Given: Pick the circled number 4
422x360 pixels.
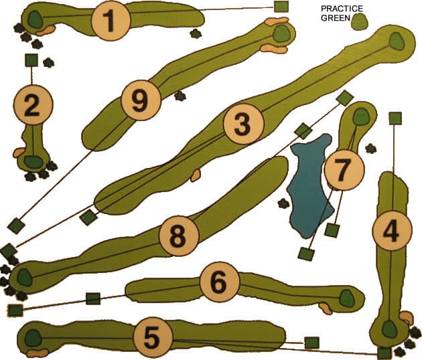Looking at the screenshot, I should click(391, 231).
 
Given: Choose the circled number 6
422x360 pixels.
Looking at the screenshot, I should click(219, 282).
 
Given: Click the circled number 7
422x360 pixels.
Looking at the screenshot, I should click(343, 170).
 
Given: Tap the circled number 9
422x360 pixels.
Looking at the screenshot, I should click(141, 102).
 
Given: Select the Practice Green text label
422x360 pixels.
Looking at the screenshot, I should click(341, 13).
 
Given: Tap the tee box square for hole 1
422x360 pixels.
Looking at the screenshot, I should click(281, 7).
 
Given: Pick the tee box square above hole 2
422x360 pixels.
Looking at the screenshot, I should click(31, 60).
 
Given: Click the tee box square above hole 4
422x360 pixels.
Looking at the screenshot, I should click(395, 118).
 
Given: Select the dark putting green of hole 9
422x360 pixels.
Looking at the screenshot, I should click(283, 33).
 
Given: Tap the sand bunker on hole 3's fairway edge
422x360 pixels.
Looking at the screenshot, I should click(196, 176).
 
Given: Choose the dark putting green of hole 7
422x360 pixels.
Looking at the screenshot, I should click(362, 116).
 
